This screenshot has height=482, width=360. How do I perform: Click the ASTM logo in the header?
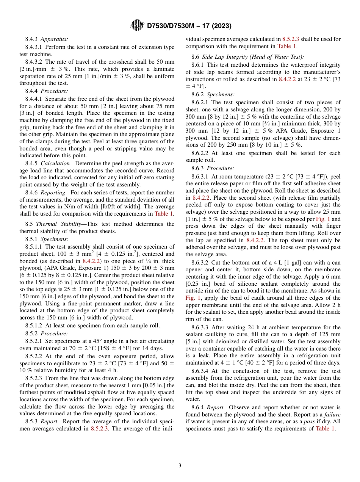(x=137, y=25)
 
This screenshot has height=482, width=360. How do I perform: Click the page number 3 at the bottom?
(x=180, y=465)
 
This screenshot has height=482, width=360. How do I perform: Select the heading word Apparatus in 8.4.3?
(x=54, y=39)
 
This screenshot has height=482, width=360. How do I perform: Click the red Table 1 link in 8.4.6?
(x=164, y=214)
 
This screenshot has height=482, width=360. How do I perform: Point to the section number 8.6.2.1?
(x=201, y=102)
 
